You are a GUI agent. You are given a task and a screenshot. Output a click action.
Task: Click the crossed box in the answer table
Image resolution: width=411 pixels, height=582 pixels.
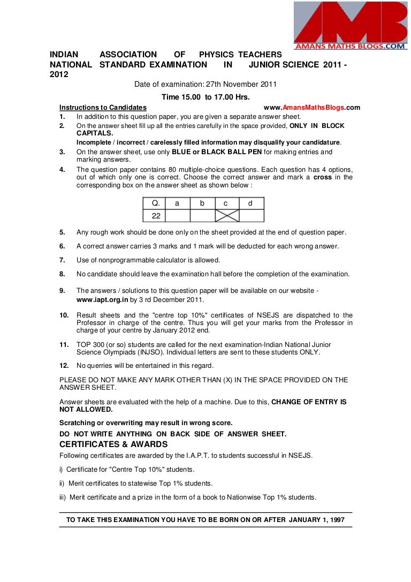pyautogui.click(x=227, y=216)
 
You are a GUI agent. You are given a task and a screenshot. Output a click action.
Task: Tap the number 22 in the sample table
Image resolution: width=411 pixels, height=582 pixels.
pyautogui.click(x=156, y=216)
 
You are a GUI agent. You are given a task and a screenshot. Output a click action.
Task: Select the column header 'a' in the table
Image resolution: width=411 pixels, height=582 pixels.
pyautogui.click(x=177, y=203)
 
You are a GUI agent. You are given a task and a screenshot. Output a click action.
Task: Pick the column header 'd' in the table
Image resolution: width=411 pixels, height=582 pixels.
pyautogui.click(x=250, y=203)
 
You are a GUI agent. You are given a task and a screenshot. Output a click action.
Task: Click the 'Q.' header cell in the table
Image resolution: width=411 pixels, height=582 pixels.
pyautogui.click(x=156, y=203)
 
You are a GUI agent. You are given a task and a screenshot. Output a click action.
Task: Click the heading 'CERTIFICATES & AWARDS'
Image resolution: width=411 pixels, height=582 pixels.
pyautogui.click(x=113, y=444)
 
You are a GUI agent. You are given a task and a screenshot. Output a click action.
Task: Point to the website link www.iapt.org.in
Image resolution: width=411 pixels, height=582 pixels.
pyautogui.click(x=102, y=300)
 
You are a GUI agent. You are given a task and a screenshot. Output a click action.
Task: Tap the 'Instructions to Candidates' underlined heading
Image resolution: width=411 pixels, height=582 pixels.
pyautogui.click(x=103, y=108)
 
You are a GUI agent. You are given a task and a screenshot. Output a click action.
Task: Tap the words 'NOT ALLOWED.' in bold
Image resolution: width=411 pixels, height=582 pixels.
pyautogui.click(x=86, y=410)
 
